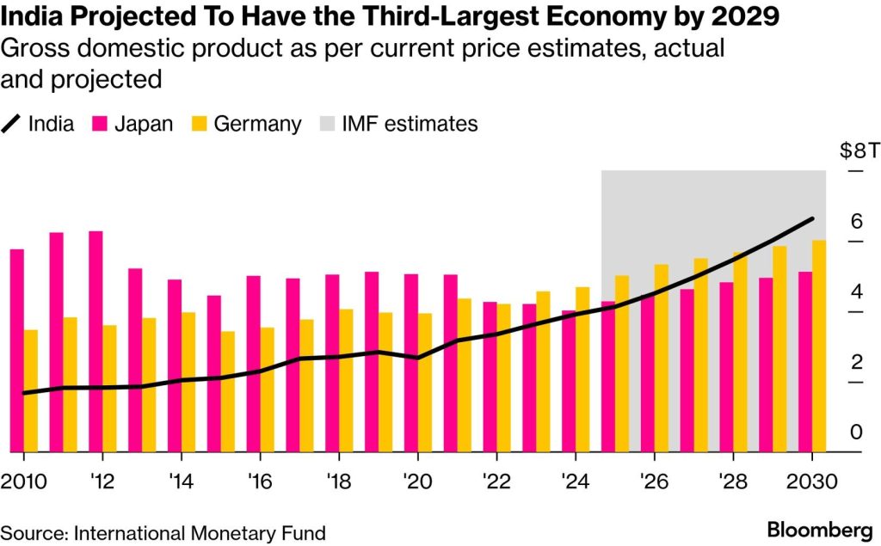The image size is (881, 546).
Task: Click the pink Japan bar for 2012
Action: [95, 341]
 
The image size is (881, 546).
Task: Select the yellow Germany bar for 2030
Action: [819, 346]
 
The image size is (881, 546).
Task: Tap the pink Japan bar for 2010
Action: [16, 350]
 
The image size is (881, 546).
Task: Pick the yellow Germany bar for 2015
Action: [227, 391]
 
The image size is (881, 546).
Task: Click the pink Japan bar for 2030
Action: [804, 361]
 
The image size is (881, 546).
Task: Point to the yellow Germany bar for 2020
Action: [424, 382]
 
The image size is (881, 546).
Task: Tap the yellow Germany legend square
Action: [200, 124]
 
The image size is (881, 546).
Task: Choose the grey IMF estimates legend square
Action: [327, 124]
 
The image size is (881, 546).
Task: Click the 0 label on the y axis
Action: [855, 432]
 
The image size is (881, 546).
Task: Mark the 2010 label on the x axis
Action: [23, 481]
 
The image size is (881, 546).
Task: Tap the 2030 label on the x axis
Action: [811, 481]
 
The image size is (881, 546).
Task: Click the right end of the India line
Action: [812, 219]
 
